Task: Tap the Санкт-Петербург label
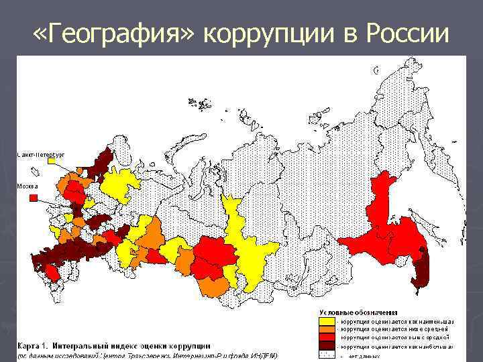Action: pos(41,155)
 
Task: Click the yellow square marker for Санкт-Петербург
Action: pos(51,161)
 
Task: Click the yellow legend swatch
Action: pos(327,321)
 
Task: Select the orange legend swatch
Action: pos(327,329)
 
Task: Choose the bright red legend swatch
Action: pos(327,337)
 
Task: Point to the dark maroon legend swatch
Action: pos(327,346)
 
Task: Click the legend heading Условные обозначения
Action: pos(358,313)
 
